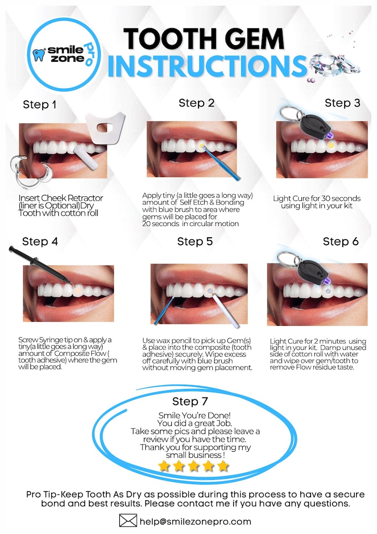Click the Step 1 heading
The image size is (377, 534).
[39, 105]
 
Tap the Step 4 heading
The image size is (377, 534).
[40, 241]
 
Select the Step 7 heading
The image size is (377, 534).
[189, 401]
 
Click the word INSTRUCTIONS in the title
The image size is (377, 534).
[207, 66]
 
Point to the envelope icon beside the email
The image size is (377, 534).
[128, 521]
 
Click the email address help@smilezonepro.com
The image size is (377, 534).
[195, 522]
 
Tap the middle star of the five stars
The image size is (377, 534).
[193, 466]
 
